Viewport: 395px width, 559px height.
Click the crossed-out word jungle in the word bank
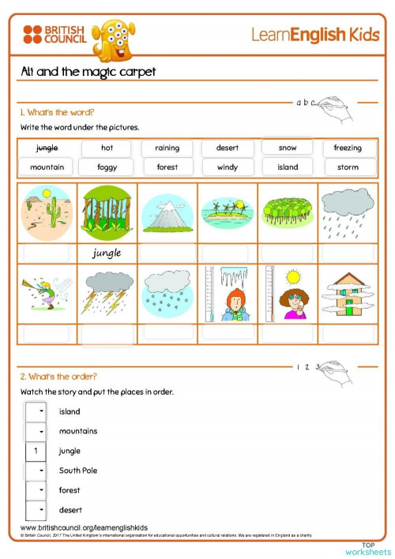47,148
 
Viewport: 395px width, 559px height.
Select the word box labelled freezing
348,148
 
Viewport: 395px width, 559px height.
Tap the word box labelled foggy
107,167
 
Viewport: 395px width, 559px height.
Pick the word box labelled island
288,167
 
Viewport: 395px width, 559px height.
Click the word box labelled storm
348,167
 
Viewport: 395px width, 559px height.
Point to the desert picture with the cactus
47,212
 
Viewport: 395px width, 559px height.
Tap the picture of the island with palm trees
227,212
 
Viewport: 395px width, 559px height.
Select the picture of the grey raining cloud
347,211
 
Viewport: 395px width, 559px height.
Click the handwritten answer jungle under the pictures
107,253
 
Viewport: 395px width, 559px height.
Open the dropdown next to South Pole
35,471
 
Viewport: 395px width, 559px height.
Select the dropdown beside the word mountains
35,432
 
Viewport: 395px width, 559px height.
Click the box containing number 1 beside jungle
35,451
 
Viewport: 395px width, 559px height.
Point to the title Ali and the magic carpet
88,72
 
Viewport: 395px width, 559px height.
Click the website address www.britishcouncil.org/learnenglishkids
84,527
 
